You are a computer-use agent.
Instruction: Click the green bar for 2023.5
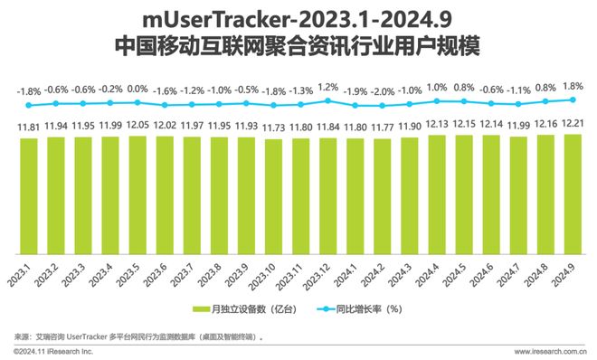pos(138,194)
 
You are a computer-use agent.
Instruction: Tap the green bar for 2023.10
pos(274,196)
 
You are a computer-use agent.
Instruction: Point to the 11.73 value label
pos(274,128)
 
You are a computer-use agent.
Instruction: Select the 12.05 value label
pos(138,124)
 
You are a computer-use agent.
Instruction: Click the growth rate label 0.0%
pos(138,90)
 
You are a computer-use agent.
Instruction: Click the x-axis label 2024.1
pos(353,273)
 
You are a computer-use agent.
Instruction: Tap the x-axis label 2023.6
pos(162,273)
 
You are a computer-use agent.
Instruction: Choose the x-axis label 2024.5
pos(461,273)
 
